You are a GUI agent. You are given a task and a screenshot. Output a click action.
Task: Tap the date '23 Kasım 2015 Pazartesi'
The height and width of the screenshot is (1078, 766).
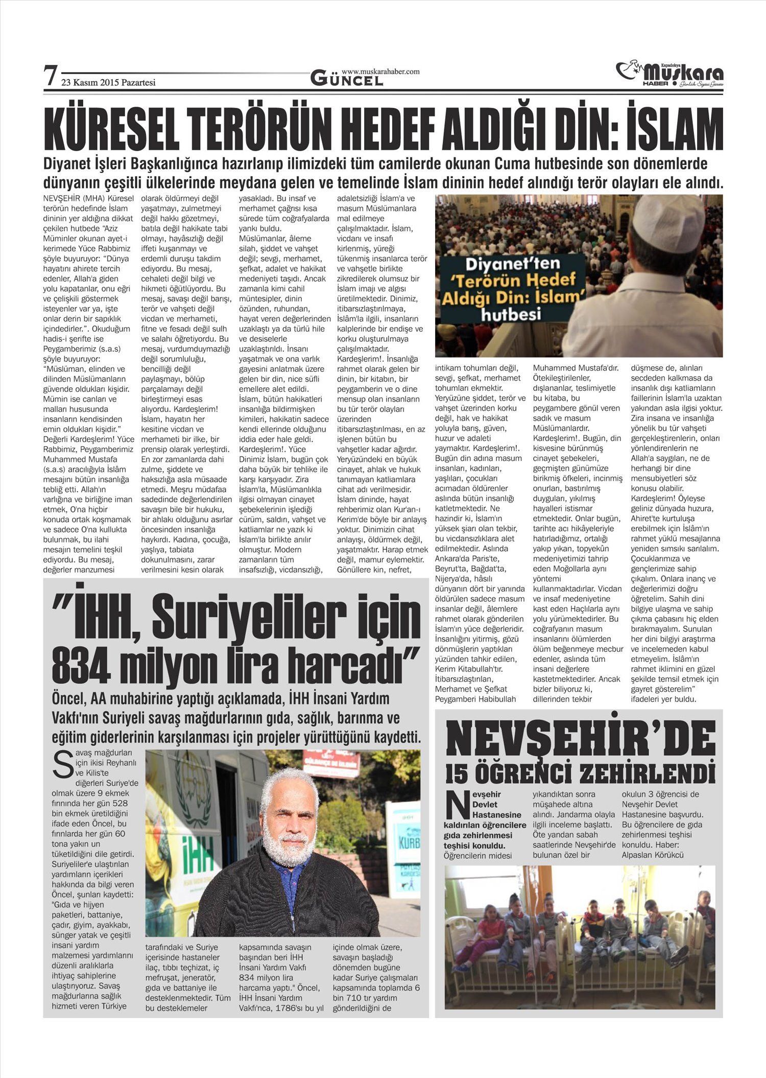pyautogui.click(x=108, y=82)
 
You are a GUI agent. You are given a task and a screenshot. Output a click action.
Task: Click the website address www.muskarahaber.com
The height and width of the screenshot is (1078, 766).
pyautogui.click(x=380, y=72)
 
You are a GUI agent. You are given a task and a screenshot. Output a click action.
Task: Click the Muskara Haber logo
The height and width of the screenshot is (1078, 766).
pyautogui.click(x=670, y=75)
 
